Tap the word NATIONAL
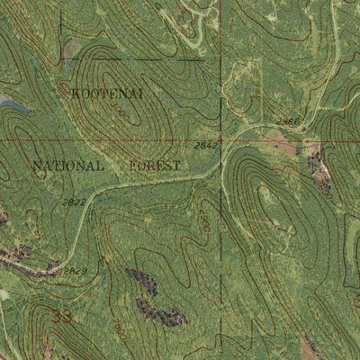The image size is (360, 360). (68, 166)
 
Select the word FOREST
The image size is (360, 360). (155, 166)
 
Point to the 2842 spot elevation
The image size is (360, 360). (206, 144)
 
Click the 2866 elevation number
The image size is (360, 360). (287, 121)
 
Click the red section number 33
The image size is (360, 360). (61, 317)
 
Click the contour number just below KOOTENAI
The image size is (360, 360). (120, 112)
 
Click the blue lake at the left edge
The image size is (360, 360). (11, 105)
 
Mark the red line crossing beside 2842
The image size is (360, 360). (222, 140)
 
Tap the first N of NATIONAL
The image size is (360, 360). (38, 166)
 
